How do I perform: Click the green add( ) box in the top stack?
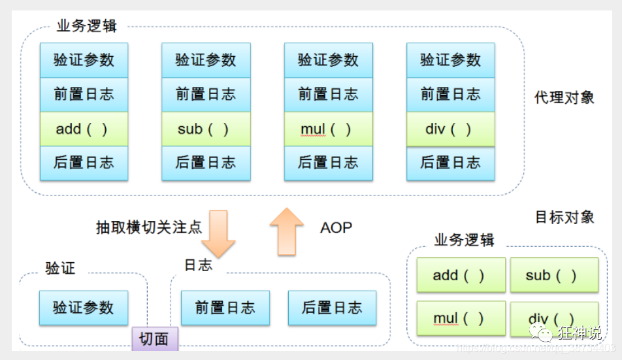(84, 129)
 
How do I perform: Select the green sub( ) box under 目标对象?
(553, 275)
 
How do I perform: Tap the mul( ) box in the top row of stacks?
(328, 129)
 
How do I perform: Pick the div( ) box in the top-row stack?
(450, 129)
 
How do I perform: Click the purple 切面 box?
(155, 338)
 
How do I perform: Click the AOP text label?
(336, 228)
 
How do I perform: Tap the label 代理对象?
(565, 97)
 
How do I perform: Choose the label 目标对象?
(565, 217)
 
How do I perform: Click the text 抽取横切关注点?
(149, 227)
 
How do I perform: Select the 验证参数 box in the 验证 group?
(84, 308)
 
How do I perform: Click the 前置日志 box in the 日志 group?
(225, 308)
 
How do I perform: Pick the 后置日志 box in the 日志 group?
(332, 308)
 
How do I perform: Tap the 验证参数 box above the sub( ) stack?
(205, 60)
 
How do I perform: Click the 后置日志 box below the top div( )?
(450, 163)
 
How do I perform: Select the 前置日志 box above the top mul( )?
(328, 94)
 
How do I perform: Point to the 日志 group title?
(198, 265)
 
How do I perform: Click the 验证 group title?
(60, 268)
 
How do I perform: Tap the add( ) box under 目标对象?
(461, 275)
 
